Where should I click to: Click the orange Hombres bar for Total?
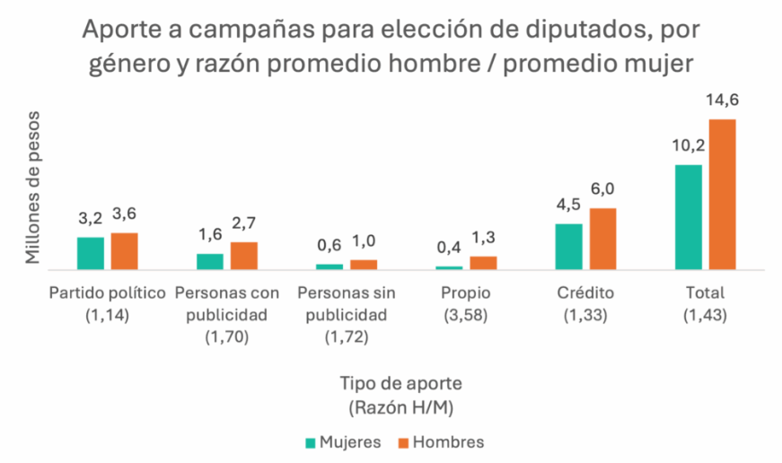722,194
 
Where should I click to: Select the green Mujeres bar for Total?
688,216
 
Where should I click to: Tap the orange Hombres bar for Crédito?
602,239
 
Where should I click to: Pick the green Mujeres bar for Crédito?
568,246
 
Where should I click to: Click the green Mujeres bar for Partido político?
91,253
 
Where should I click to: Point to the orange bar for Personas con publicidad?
244,256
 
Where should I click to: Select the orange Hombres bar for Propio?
483,262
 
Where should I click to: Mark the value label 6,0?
602,190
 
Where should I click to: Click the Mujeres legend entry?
344,442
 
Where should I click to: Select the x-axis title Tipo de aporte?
400,383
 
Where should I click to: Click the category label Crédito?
584,293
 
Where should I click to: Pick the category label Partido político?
108,293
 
